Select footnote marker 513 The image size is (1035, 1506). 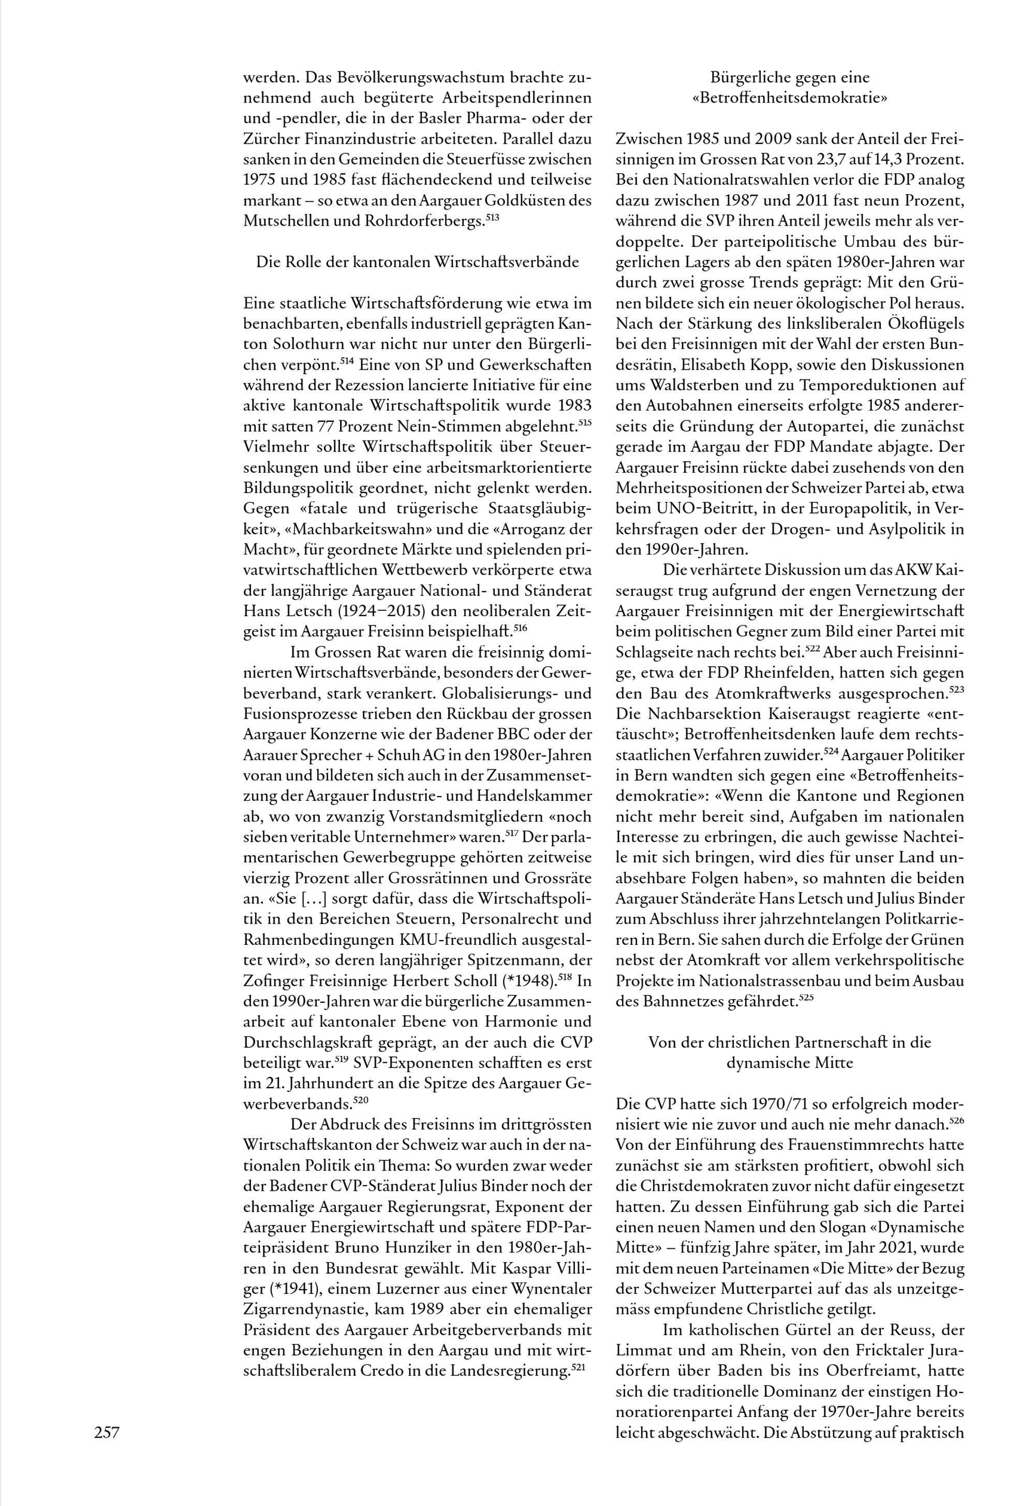click(x=492, y=216)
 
